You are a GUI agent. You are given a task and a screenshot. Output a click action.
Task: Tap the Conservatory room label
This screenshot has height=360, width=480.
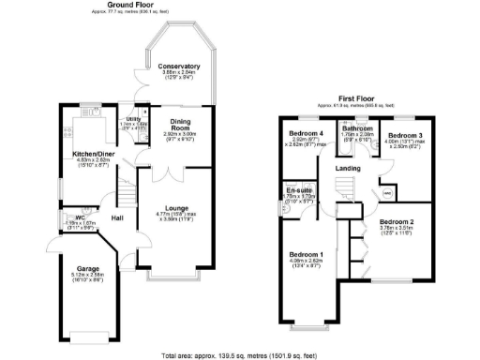coord(178,67)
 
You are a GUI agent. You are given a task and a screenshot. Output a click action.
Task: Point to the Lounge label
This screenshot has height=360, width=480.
coord(178,207)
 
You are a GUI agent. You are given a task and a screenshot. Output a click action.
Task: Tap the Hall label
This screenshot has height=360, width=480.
coord(118,217)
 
